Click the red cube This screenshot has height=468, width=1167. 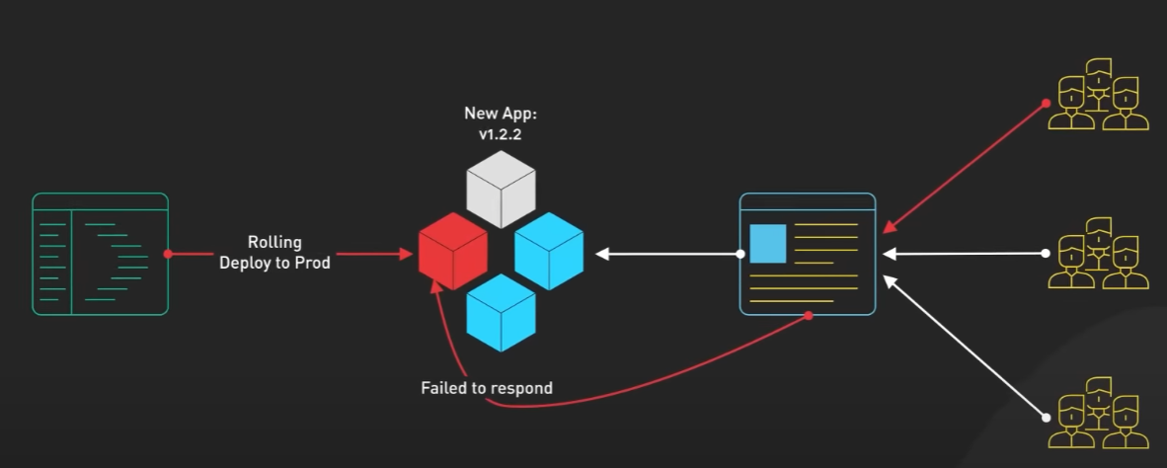tap(453, 251)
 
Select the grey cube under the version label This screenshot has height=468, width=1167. tap(501, 190)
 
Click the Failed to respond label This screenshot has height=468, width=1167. tap(487, 388)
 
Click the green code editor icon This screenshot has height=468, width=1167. tap(101, 254)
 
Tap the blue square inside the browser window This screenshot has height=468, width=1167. tap(768, 244)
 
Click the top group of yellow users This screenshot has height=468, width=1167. tap(1098, 95)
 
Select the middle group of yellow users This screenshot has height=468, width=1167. tap(1098, 254)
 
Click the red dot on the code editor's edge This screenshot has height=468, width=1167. tap(169, 254)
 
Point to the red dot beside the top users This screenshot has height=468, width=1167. tap(1046, 103)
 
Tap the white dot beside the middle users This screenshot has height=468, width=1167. tap(1046, 254)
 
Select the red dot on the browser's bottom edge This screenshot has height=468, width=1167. tap(809, 315)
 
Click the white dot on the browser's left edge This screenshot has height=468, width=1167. tap(740, 254)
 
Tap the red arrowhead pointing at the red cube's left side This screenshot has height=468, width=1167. tap(407, 254)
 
